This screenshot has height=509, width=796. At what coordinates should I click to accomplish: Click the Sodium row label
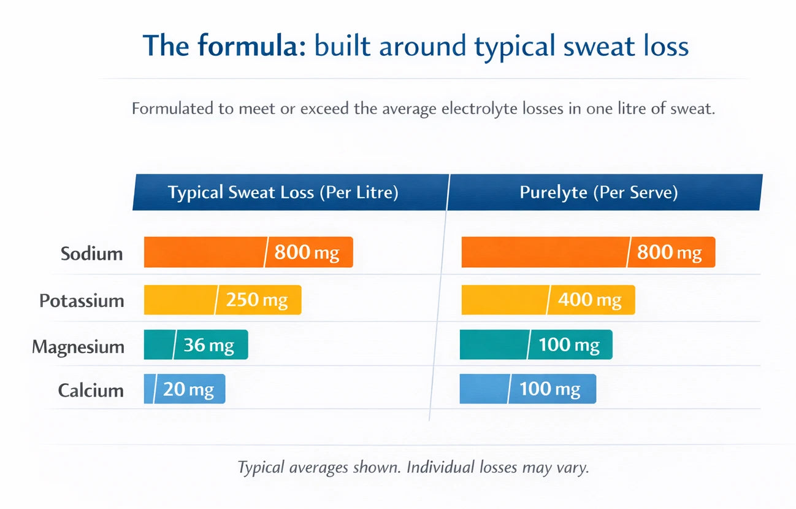[92, 254]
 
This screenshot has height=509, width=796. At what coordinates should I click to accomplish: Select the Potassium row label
[82, 301]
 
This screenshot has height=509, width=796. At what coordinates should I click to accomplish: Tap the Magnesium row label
[78, 347]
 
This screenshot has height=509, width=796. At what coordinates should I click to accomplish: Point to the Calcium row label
[91, 390]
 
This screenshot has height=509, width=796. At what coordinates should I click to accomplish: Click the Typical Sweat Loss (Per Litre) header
[283, 192]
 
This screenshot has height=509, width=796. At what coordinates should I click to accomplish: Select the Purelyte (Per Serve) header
[599, 192]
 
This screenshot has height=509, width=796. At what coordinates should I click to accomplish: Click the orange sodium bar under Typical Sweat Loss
[248, 252]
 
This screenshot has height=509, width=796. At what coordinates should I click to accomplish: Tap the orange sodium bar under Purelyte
[587, 252]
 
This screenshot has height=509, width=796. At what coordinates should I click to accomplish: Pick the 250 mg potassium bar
[222, 300]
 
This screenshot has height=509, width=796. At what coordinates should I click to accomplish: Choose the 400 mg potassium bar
[547, 300]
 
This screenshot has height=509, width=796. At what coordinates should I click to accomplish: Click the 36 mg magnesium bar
[196, 345]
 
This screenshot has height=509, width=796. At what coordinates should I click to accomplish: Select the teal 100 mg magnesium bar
[535, 345]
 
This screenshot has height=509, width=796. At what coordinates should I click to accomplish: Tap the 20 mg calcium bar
[185, 389]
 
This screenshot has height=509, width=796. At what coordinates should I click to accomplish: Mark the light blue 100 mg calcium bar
[527, 389]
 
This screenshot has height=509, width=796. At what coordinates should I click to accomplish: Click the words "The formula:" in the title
[224, 46]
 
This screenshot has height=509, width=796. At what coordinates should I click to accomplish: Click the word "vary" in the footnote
[574, 467]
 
